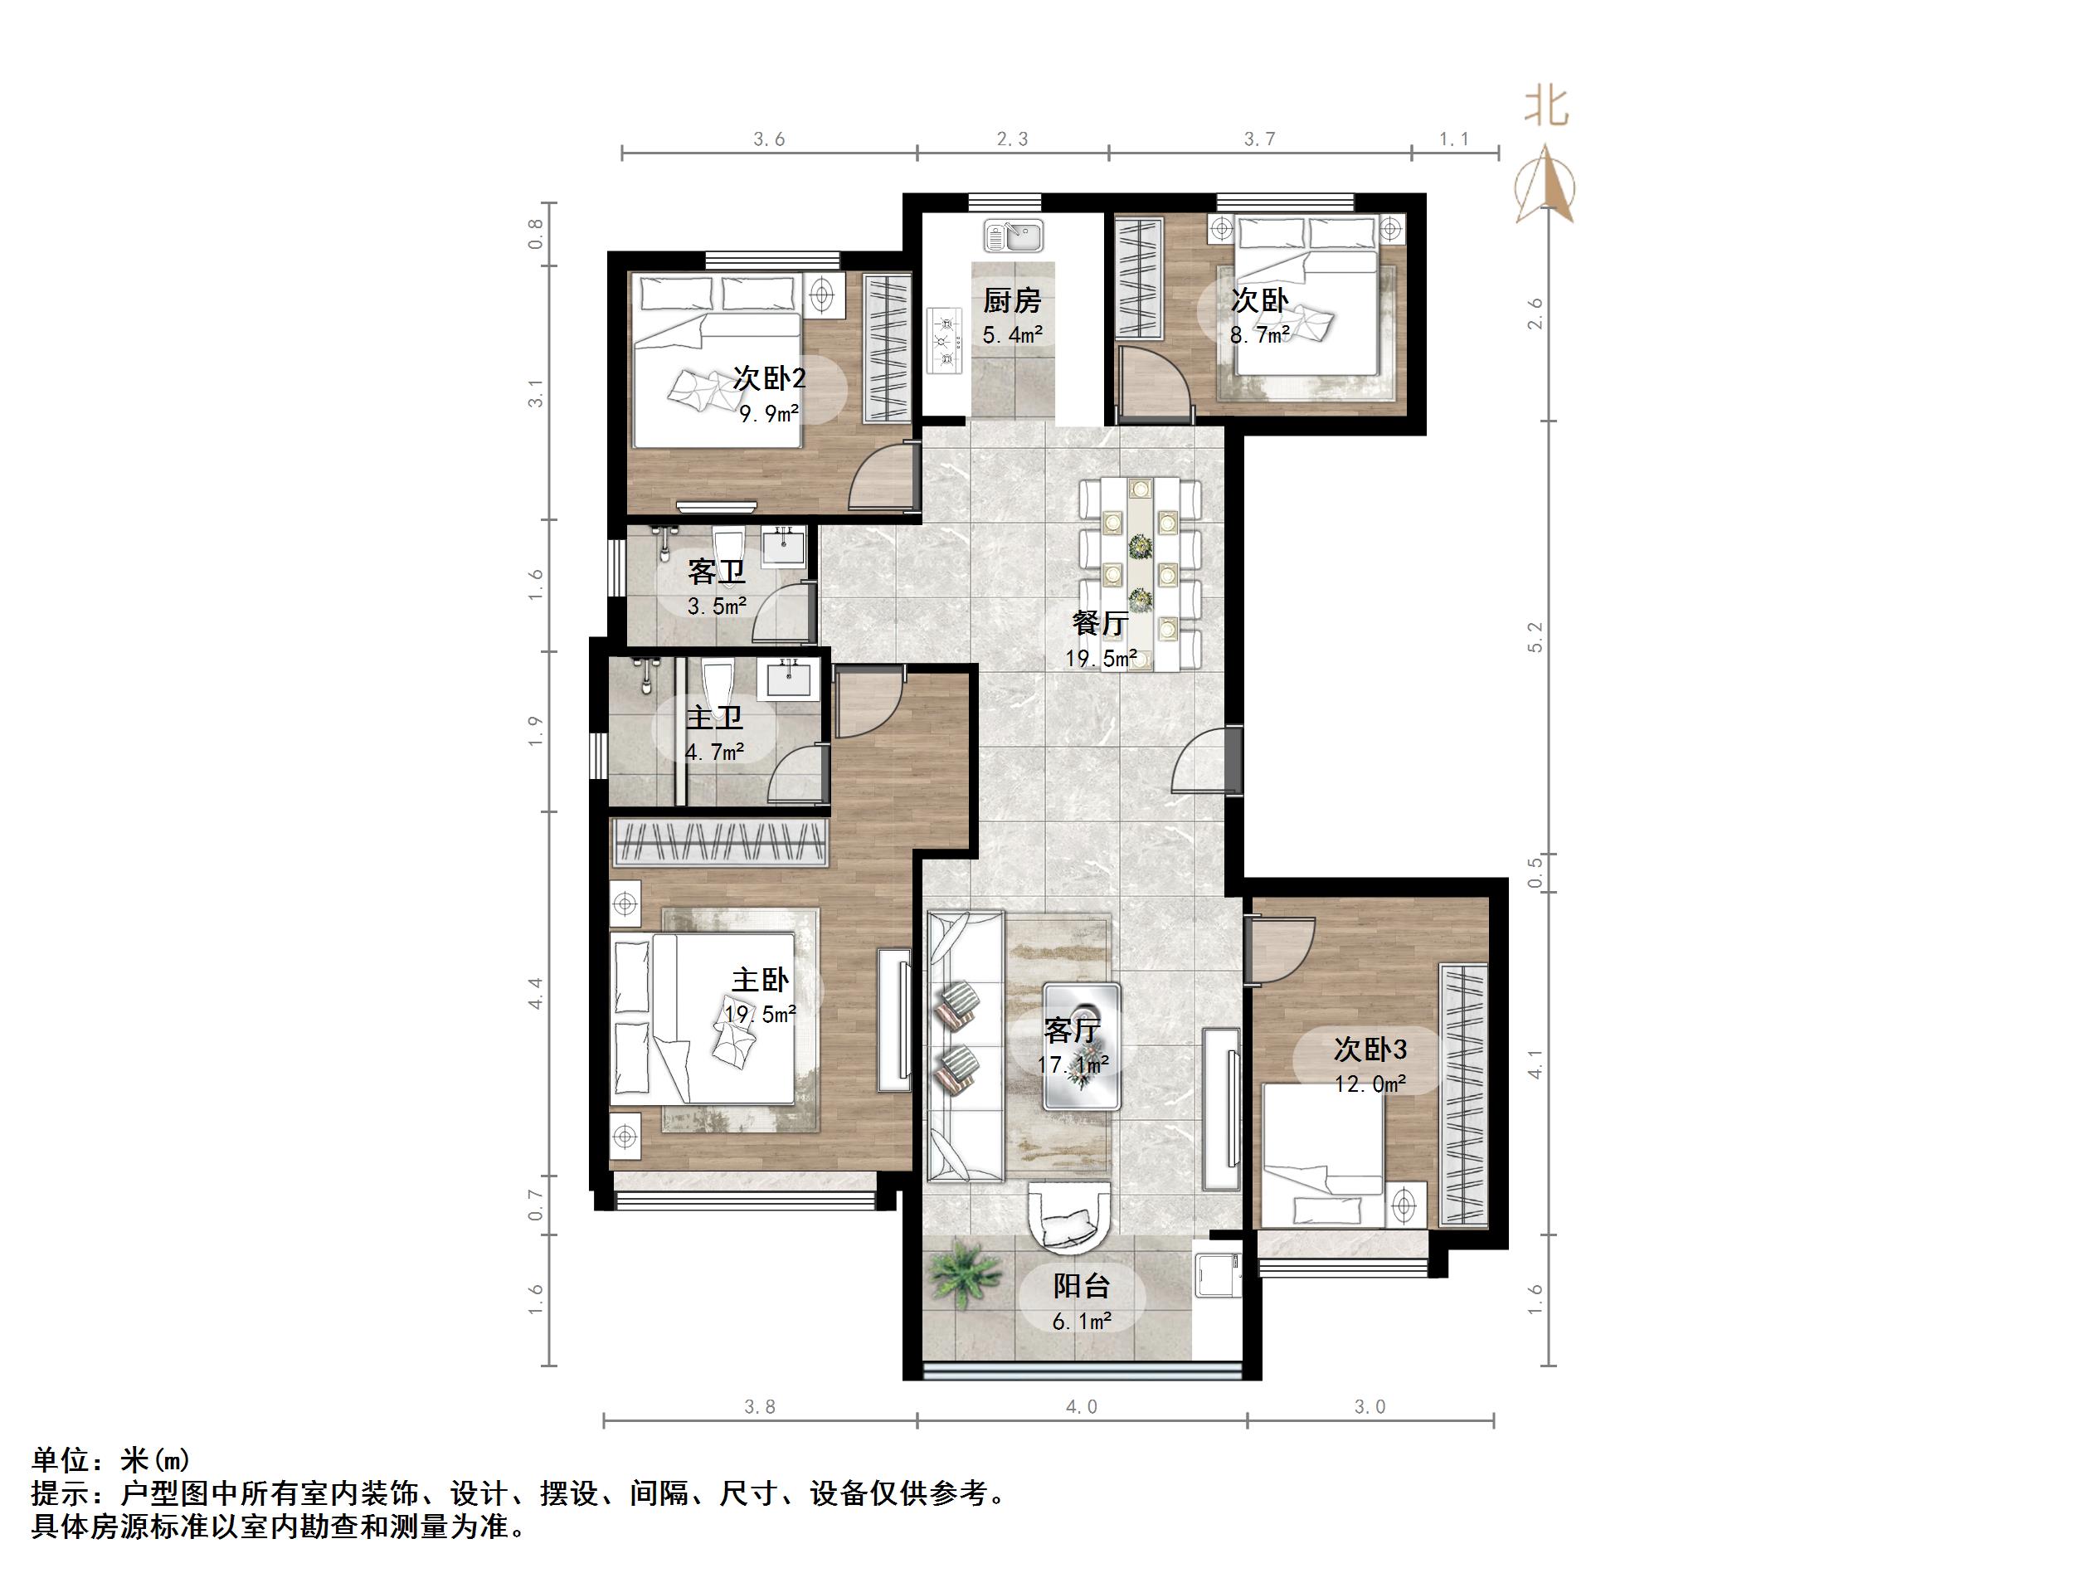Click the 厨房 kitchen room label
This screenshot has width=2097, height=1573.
pyautogui.click(x=1011, y=301)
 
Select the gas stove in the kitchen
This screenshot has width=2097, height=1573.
pyautogui.click(x=943, y=338)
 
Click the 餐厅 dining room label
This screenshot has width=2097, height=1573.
pyautogui.click(x=1100, y=623)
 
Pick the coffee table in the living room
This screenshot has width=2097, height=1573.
pyautogui.click(x=1082, y=1046)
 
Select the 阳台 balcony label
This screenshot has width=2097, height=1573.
pyautogui.click(x=1081, y=1287)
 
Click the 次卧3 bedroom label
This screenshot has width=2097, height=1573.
pyautogui.click(x=1369, y=1049)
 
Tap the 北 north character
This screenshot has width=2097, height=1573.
pyautogui.click(x=1545, y=107)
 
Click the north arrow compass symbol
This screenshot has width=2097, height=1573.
pyautogui.click(x=1545, y=185)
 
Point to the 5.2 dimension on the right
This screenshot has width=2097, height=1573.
pyautogui.click(x=1535, y=637)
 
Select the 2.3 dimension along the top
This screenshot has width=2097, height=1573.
pyautogui.click(x=1011, y=139)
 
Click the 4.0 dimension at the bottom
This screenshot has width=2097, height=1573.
pyautogui.click(x=1081, y=1407)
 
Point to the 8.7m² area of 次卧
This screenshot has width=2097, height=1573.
pyautogui.click(x=1259, y=334)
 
